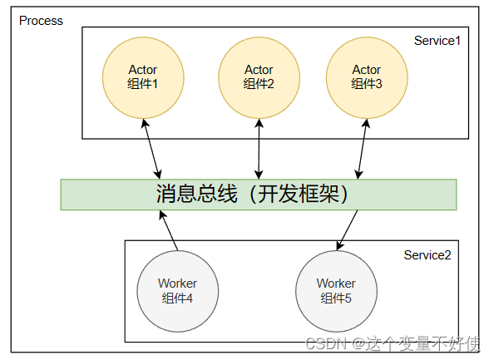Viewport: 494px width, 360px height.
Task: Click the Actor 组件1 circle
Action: (x=143, y=76)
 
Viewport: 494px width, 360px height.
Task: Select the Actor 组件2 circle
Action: (x=259, y=76)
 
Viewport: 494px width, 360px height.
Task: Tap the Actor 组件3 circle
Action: (x=366, y=76)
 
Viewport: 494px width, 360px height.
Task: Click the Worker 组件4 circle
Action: (x=177, y=290)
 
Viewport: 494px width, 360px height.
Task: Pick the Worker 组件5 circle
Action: (x=336, y=290)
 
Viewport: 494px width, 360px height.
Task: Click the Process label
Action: (x=41, y=21)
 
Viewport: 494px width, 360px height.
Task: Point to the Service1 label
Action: (x=437, y=41)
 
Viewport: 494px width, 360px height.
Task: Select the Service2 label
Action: (x=427, y=254)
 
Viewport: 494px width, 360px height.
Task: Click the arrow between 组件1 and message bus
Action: (x=151, y=148)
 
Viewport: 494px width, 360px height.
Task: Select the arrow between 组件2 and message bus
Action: (x=259, y=148)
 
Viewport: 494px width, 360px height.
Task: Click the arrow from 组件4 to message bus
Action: (x=170, y=229)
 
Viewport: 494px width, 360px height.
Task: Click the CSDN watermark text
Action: (x=320, y=343)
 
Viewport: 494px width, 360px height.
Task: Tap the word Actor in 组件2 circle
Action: (x=259, y=70)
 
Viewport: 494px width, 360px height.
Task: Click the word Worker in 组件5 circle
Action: (x=336, y=284)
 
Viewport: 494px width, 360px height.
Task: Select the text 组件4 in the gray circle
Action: (x=177, y=298)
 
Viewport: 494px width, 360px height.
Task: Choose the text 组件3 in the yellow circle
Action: (x=366, y=84)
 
